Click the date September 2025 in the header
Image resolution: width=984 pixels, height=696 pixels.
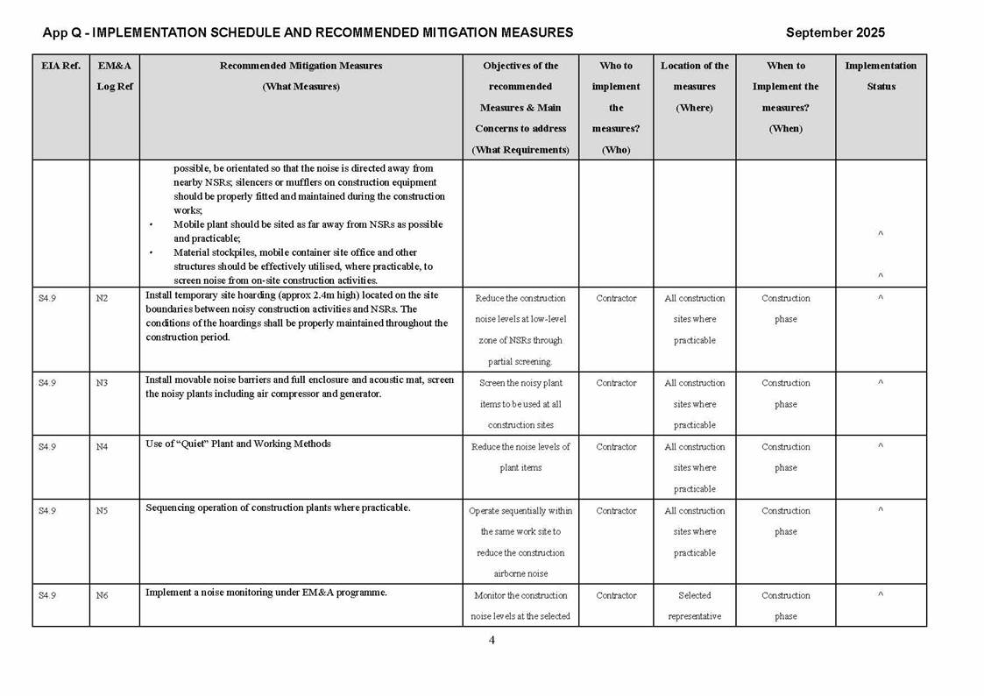coord(834,32)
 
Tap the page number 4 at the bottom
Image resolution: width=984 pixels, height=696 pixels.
coord(492,640)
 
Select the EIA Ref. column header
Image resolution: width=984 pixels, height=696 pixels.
coord(60,66)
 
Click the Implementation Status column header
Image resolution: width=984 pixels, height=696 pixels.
coord(881,75)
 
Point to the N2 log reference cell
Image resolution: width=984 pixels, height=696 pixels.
coord(102,298)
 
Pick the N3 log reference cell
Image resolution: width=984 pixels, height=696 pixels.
coord(102,383)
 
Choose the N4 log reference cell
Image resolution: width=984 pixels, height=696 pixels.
coord(102,447)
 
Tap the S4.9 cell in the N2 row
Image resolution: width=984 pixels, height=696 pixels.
coord(47,298)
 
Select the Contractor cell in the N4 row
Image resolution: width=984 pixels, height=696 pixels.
coord(616,447)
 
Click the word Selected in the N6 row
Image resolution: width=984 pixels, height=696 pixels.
coord(695,596)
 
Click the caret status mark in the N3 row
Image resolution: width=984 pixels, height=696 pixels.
coord(881,383)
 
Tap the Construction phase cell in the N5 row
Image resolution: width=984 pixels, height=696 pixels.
coord(786,521)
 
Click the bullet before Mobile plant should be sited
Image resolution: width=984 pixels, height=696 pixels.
coord(152,224)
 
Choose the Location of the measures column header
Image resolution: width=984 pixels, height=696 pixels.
coord(695,86)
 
